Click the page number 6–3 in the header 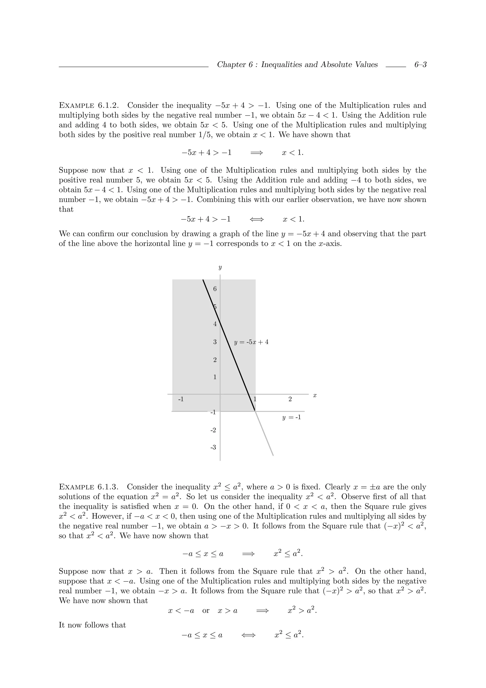click(420, 65)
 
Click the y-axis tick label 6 click(215, 289)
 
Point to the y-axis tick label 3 click(215, 342)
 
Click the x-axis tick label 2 click(290, 399)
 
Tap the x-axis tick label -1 click(181, 399)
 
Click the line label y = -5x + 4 click(251, 342)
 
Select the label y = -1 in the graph click(291, 417)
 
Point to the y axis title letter click(220, 267)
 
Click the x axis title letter click(315, 396)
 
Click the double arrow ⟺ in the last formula click(248, 635)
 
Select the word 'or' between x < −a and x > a click(206, 611)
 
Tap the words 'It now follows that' click(92, 625)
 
